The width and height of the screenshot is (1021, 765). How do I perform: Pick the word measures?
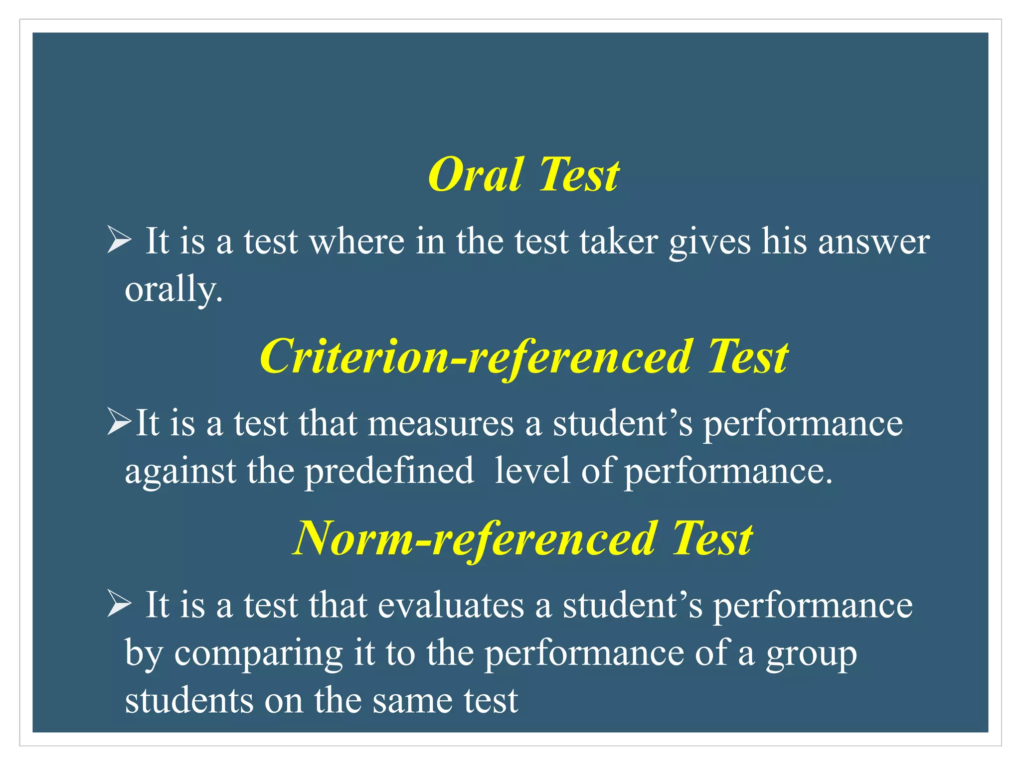pos(441,423)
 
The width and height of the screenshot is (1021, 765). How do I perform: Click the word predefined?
pos(389,470)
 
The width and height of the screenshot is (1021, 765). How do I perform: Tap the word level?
pos(532,470)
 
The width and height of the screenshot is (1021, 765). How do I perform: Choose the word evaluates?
pos(451,605)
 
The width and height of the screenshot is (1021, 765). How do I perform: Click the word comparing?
pos(258,653)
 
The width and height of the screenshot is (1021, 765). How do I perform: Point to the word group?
pos(811,653)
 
